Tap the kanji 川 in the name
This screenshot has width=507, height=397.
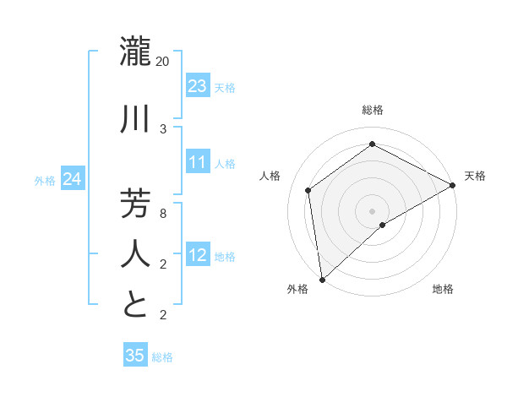(136, 119)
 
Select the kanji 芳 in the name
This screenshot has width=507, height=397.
(136, 204)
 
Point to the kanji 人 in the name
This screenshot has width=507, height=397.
(136, 254)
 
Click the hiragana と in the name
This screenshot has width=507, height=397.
(136, 305)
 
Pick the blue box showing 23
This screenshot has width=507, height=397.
(197, 85)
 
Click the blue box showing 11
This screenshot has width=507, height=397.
(197, 162)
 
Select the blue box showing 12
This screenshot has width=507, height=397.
(197, 255)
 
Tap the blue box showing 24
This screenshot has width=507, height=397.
(73, 179)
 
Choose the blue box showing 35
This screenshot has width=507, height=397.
(135, 356)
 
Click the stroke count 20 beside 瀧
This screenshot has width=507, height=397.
(163, 62)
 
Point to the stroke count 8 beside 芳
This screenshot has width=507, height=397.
(163, 214)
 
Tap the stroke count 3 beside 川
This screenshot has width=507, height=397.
(163, 129)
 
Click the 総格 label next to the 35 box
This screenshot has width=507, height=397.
(162, 357)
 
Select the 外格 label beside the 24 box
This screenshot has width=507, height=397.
(45, 181)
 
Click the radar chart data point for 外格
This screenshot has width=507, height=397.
(322, 280)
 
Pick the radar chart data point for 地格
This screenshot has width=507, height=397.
(383, 225)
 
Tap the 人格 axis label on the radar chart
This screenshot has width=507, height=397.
(270, 176)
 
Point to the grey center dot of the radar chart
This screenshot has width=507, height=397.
(372, 210)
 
